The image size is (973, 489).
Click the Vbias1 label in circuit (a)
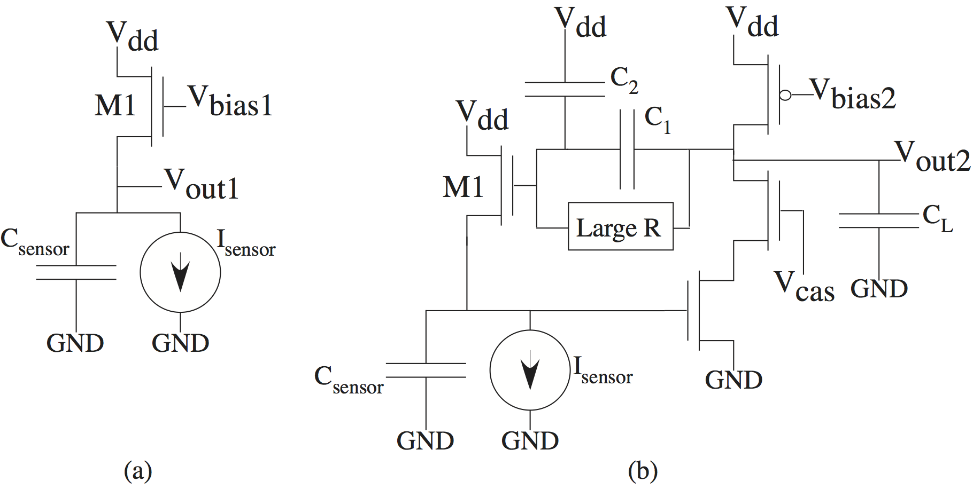point(230,101)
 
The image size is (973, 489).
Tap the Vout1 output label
point(201,185)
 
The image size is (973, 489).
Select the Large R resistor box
point(620,227)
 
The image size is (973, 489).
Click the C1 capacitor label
point(657,120)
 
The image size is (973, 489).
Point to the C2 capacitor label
point(624,80)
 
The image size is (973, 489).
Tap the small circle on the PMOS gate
point(785,96)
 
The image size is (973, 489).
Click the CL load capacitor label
point(937,219)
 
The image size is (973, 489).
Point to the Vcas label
point(804,287)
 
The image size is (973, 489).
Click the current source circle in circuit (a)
point(180,272)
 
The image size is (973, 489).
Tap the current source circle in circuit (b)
point(530,370)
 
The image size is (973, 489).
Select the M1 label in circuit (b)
point(462,187)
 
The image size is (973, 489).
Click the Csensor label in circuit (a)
point(34,243)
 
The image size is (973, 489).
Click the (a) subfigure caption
point(138,471)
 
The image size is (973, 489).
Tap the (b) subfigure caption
point(643,471)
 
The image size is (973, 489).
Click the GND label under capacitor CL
point(879,289)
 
